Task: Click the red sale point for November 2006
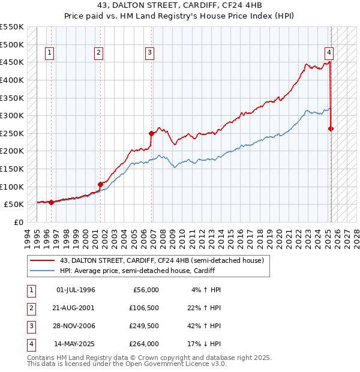(151, 133)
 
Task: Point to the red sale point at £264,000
(331, 128)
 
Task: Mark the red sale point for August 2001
(100, 184)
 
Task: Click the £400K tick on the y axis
(12, 80)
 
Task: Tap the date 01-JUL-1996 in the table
(75, 290)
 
